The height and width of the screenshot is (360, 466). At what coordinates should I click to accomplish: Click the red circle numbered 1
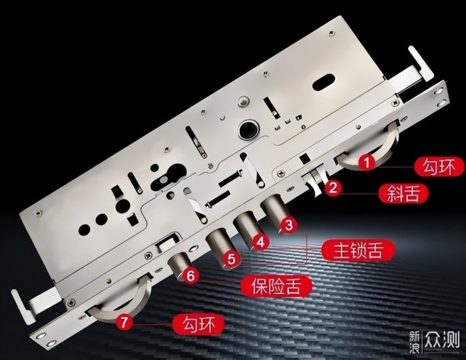tap(367, 162)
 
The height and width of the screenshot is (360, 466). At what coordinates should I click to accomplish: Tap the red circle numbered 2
tap(333, 188)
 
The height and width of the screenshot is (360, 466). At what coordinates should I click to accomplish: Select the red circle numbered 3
tap(289, 225)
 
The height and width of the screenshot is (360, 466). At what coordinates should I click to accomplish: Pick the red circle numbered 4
tap(260, 242)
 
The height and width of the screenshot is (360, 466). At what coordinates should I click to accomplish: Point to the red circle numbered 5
tap(231, 259)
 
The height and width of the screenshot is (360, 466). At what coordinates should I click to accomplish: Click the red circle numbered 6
tap(190, 275)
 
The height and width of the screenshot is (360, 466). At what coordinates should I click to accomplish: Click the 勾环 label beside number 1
tap(439, 167)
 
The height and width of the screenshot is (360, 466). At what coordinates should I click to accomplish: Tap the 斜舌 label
tap(403, 194)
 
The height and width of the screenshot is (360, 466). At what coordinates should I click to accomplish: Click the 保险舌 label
tap(276, 287)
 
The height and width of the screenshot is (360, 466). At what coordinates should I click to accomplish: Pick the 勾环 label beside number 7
tap(198, 324)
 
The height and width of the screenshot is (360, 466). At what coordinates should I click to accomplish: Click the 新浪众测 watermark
tap(434, 341)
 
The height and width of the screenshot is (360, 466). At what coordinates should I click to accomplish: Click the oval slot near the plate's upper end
tap(324, 81)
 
